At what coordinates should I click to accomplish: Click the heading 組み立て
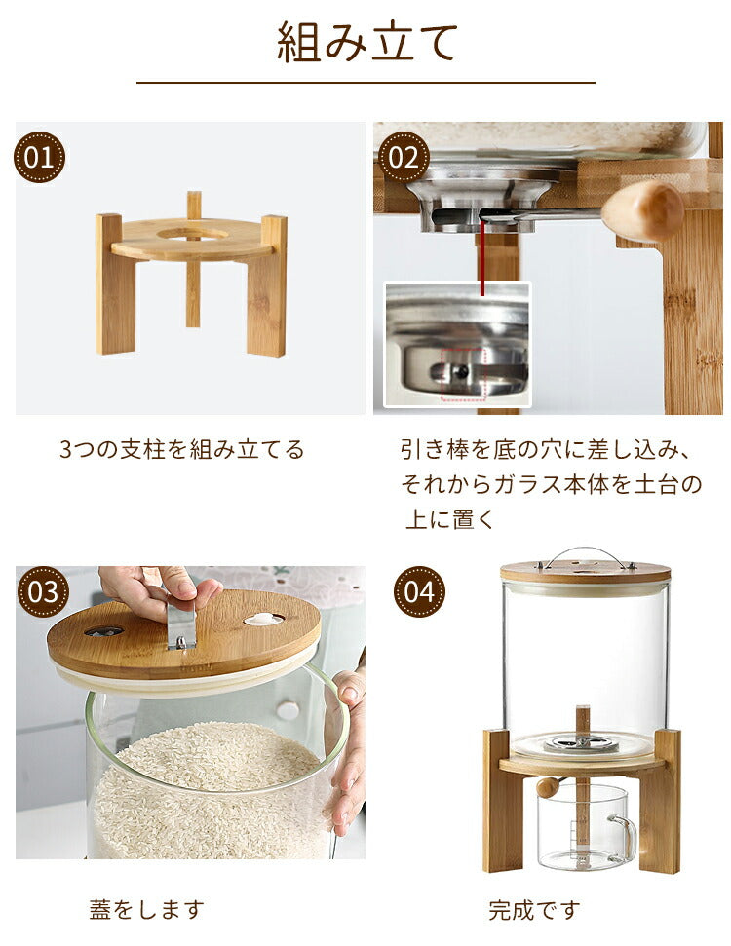(x=367, y=42)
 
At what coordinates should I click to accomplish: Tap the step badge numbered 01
(x=40, y=158)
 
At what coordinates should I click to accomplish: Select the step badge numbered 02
(x=404, y=158)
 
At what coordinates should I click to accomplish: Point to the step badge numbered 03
(x=42, y=591)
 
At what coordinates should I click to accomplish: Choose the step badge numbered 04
(x=419, y=591)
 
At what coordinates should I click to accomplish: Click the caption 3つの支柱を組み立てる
(x=181, y=449)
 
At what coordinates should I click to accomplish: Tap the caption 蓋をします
(x=147, y=909)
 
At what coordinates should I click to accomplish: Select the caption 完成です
(x=535, y=909)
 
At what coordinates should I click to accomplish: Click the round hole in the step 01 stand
(x=193, y=234)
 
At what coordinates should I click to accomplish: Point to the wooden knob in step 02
(x=642, y=210)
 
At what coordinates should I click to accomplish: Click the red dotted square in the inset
(x=463, y=374)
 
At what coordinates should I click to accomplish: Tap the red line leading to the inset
(x=482, y=257)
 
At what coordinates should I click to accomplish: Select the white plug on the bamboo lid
(x=263, y=619)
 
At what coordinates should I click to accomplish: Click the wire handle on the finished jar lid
(x=586, y=557)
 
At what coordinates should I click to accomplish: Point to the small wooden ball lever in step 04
(x=549, y=787)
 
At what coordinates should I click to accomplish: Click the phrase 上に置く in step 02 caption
(x=449, y=518)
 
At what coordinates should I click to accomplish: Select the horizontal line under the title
(x=365, y=82)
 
